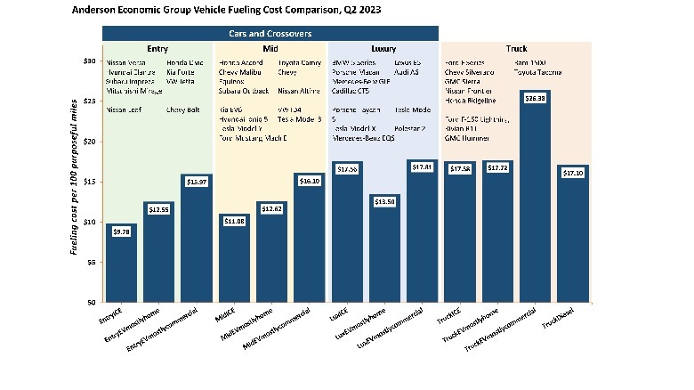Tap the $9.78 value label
[119, 232]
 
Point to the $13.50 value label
[384, 202]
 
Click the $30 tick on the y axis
[89, 61]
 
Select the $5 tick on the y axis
[91, 262]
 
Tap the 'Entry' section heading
[157, 48]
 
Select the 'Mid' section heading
[270, 48]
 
